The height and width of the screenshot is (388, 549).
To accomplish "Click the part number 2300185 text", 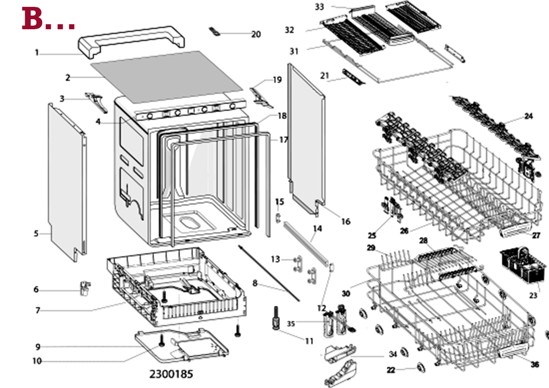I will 171,374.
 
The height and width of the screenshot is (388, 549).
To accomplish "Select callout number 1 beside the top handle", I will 37,53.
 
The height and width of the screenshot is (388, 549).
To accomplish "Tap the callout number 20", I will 256,34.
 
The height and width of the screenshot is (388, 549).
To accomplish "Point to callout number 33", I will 319,7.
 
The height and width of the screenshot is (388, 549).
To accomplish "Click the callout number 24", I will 528,116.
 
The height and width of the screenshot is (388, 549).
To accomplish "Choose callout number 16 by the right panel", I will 345,222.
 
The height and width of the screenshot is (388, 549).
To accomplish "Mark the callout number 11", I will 309,341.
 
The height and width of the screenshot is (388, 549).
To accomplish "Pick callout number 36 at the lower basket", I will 535,364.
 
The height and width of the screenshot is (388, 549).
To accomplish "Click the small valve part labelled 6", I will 84,288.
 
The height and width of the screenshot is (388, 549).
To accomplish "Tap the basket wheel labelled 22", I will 420,368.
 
